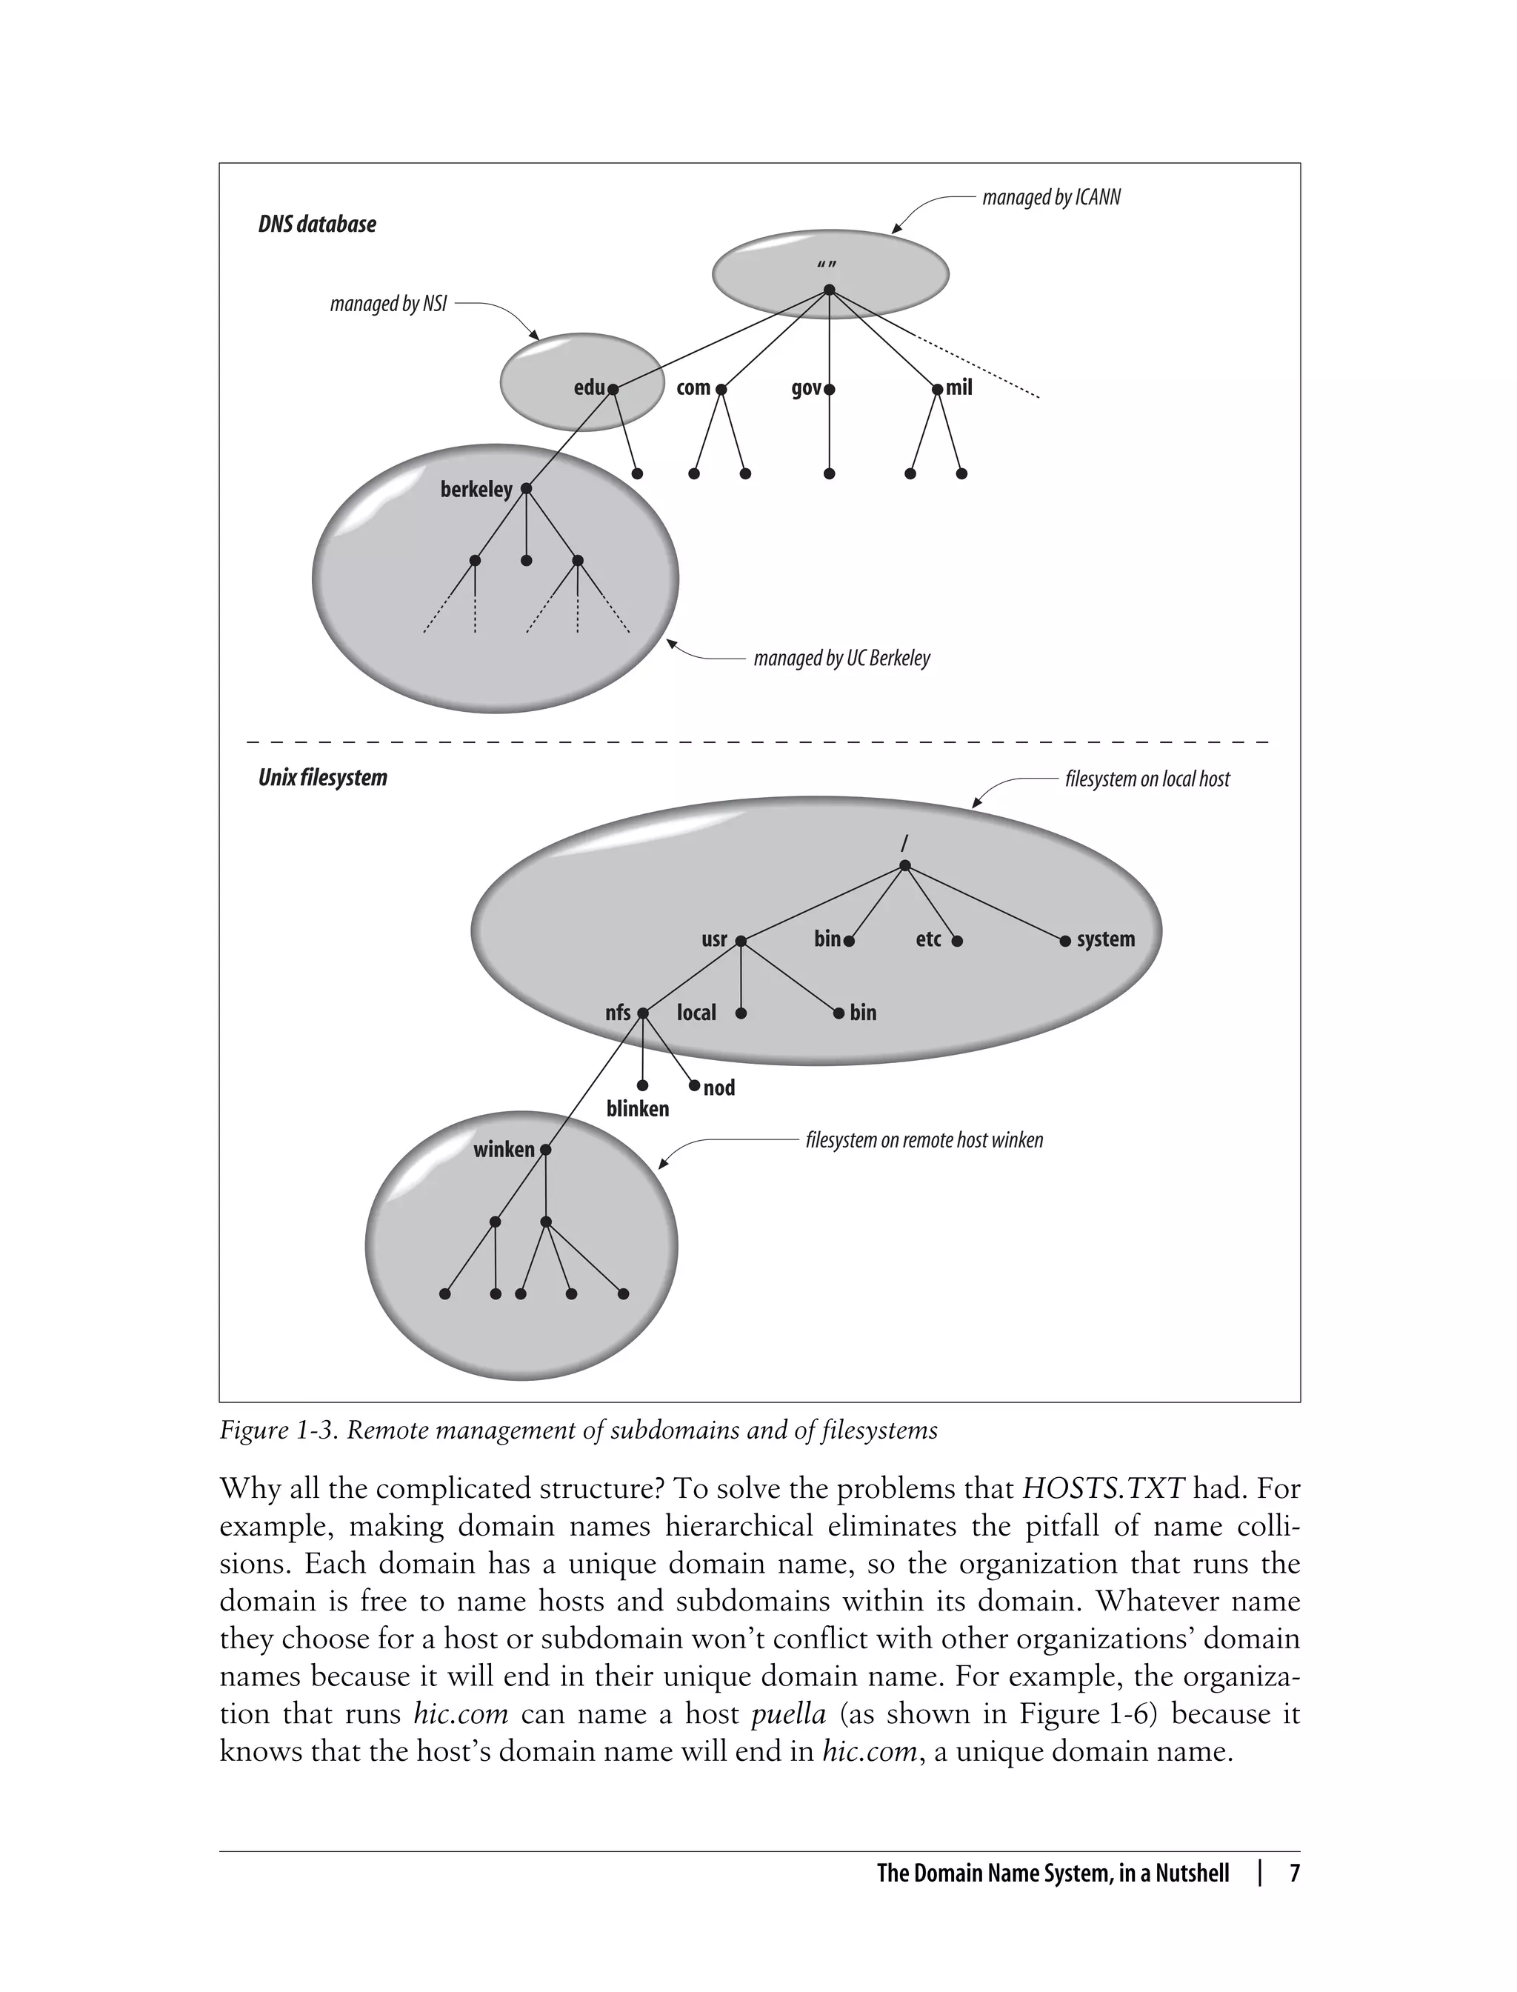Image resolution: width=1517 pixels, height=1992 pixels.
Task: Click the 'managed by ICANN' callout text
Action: point(1050,198)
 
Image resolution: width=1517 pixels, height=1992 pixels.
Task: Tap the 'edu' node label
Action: point(589,387)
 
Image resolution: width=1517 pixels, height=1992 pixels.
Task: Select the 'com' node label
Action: point(693,387)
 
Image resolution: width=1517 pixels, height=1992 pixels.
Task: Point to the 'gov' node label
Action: point(805,388)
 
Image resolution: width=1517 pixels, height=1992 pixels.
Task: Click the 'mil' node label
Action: point(959,387)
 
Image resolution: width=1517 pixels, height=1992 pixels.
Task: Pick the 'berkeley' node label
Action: point(476,490)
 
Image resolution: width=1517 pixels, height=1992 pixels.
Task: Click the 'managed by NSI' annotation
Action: point(388,304)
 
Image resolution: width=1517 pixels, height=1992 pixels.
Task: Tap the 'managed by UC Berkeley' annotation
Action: point(841,659)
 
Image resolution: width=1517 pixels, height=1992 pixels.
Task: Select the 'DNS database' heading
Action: point(317,224)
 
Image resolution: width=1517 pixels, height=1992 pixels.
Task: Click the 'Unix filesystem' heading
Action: point(322,778)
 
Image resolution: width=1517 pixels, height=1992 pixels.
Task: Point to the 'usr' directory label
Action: point(713,939)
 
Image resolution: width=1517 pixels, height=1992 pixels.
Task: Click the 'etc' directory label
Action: point(928,939)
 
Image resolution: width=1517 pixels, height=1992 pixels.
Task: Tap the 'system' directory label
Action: point(1105,939)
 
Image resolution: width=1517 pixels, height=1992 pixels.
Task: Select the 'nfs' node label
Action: point(618,1012)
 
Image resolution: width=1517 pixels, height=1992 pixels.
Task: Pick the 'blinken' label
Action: point(638,1109)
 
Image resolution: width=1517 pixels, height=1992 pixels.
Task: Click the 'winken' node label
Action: point(504,1150)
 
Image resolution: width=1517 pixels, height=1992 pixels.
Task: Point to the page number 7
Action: point(1294,1873)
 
